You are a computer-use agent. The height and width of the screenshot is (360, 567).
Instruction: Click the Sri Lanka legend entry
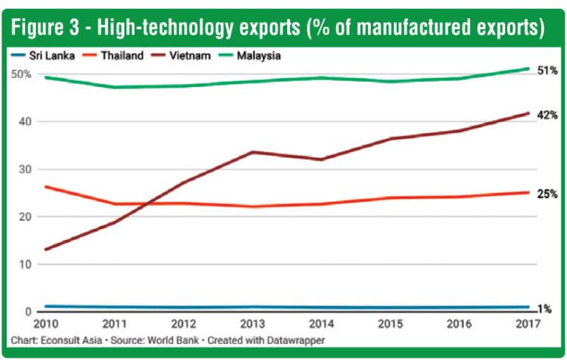[x=43, y=56]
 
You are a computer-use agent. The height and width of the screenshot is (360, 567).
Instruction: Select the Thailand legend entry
[x=113, y=56]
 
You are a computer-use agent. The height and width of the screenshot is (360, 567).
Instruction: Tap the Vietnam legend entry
[x=180, y=56]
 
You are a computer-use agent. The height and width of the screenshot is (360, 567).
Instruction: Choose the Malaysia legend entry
[x=250, y=56]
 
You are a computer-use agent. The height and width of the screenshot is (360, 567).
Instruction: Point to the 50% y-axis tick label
[x=21, y=74]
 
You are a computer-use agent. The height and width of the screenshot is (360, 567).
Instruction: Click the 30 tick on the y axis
[x=25, y=169]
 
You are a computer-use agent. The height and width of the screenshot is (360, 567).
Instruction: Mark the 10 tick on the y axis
[x=25, y=264]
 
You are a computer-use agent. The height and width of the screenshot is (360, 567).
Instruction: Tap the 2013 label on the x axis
[x=253, y=324]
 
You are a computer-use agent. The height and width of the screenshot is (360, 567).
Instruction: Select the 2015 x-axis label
[x=390, y=324]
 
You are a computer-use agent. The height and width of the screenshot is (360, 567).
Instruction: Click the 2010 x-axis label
[x=46, y=324]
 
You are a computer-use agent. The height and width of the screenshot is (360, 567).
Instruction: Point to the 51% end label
[x=547, y=71]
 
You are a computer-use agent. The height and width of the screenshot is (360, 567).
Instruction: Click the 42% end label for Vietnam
[x=547, y=116]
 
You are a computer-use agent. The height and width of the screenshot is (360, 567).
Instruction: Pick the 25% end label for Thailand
[x=547, y=194]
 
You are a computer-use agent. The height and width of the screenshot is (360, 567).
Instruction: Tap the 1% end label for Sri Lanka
[x=545, y=309]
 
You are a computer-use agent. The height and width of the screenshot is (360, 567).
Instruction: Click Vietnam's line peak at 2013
[x=253, y=152]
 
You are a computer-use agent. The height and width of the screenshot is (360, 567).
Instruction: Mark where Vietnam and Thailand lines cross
[x=147, y=204]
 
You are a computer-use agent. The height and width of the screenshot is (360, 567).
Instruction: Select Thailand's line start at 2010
[x=46, y=186]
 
